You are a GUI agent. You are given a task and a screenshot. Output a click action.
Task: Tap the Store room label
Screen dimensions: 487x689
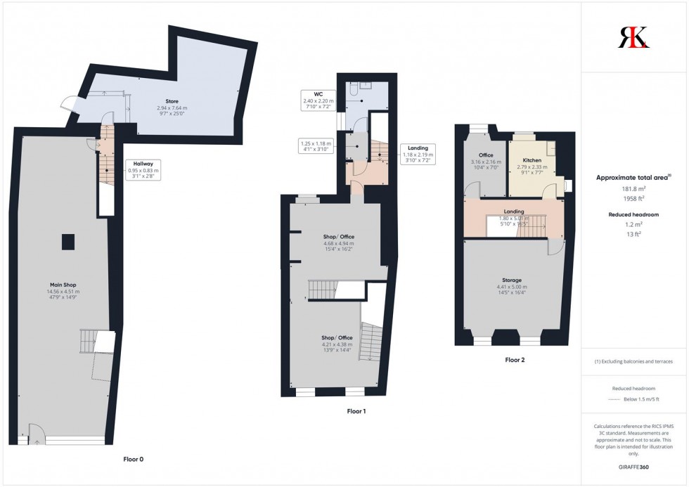click(x=172, y=100)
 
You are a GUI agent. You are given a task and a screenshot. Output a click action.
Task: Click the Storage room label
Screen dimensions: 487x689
click(x=511, y=280)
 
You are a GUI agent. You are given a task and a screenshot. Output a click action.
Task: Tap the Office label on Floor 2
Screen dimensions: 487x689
click(x=485, y=155)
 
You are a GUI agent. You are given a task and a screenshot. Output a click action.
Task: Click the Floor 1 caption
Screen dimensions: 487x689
click(x=356, y=411)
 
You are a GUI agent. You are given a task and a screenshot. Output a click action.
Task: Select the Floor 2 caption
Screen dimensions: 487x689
click(x=515, y=360)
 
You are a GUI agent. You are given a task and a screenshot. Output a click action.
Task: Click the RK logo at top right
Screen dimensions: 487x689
click(x=633, y=37)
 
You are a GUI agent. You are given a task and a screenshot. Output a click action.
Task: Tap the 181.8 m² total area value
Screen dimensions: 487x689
click(x=633, y=188)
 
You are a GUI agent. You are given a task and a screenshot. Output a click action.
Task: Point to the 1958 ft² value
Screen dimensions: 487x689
click(x=633, y=198)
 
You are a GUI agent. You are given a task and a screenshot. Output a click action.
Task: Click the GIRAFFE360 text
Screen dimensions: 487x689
click(x=633, y=467)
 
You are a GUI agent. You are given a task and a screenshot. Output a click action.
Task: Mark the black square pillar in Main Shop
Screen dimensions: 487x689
click(x=68, y=242)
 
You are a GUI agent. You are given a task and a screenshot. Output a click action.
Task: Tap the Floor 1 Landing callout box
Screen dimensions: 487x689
click(x=418, y=154)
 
